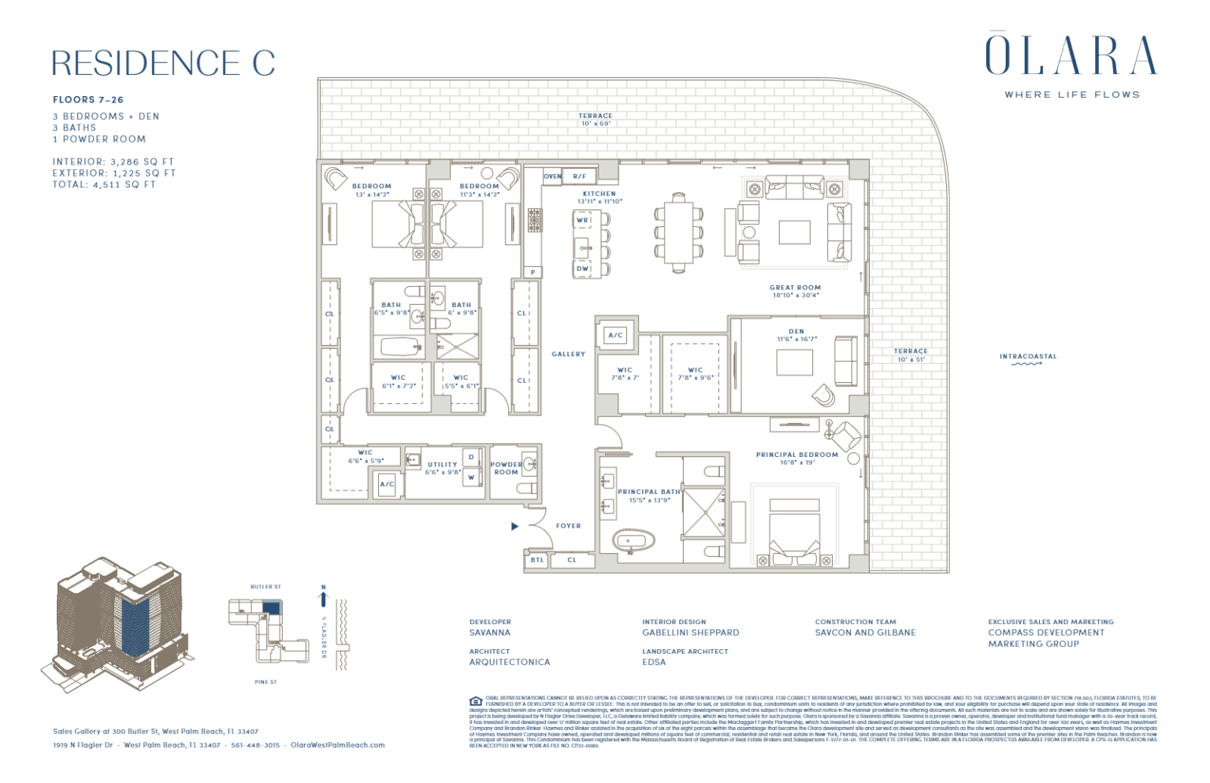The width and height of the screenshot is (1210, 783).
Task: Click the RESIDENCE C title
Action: click(x=163, y=63)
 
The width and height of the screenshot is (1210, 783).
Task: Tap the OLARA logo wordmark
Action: click(x=1071, y=55)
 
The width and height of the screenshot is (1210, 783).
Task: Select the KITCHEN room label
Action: click(x=599, y=194)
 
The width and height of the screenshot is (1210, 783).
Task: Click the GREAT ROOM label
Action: click(x=795, y=288)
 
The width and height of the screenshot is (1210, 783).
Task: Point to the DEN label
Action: click(x=796, y=332)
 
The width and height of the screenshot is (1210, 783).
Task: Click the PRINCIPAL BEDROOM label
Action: click(x=796, y=455)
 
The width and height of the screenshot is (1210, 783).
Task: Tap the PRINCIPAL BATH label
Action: click(x=648, y=492)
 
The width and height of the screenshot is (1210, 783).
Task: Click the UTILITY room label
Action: click(x=442, y=465)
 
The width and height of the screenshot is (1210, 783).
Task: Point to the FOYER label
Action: click(x=568, y=526)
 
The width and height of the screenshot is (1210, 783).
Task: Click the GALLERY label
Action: click(x=568, y=354)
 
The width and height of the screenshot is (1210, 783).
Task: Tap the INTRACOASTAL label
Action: click(x=1027, y=357)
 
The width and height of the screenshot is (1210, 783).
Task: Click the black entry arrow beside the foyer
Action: click(x=514, y=526)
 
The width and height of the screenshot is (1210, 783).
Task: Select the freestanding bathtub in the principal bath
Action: click(x=634, y=541)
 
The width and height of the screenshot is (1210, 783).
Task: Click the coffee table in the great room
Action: click(x=794, y=232)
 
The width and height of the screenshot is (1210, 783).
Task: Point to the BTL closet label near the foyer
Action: click(x=536, y=560)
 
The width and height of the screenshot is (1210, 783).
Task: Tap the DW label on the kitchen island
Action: click(x=582, y=269)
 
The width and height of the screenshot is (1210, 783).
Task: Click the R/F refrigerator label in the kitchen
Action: click(x=579, y=176)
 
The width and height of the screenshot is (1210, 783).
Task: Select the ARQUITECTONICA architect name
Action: click(x=509, y=662)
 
